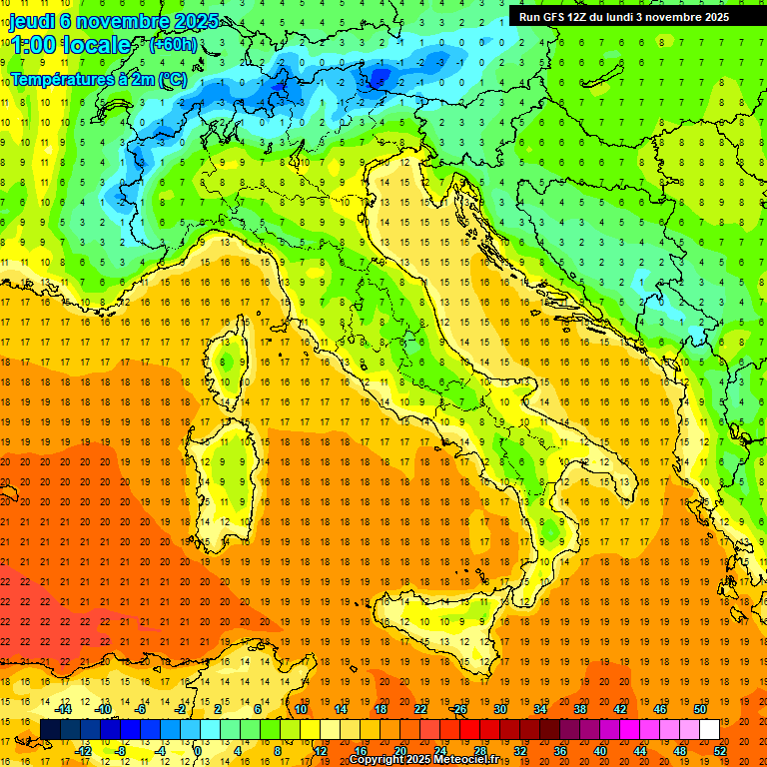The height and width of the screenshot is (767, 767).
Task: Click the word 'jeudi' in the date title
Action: click(x=38, y=21)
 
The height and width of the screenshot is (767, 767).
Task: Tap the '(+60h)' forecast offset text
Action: click(x=172, y=45)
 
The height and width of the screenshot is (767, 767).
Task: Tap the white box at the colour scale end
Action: click(x=709, y=730)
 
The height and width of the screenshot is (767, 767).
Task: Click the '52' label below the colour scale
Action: click(x=719, y=751)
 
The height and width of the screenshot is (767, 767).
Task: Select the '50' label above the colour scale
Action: click(x=699, y=709)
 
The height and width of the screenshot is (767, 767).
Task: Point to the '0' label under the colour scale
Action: click(x=199, y=751)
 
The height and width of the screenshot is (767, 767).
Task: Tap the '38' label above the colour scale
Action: click(x=579, y=709)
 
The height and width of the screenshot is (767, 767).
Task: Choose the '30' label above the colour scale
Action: click(x=499, y=709)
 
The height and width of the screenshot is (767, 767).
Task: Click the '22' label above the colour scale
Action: click(x=419, y=709)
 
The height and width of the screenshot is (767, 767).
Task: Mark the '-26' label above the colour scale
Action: click(x=458, y=709)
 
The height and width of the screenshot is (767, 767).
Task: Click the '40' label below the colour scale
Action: click(x=599, y=751)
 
